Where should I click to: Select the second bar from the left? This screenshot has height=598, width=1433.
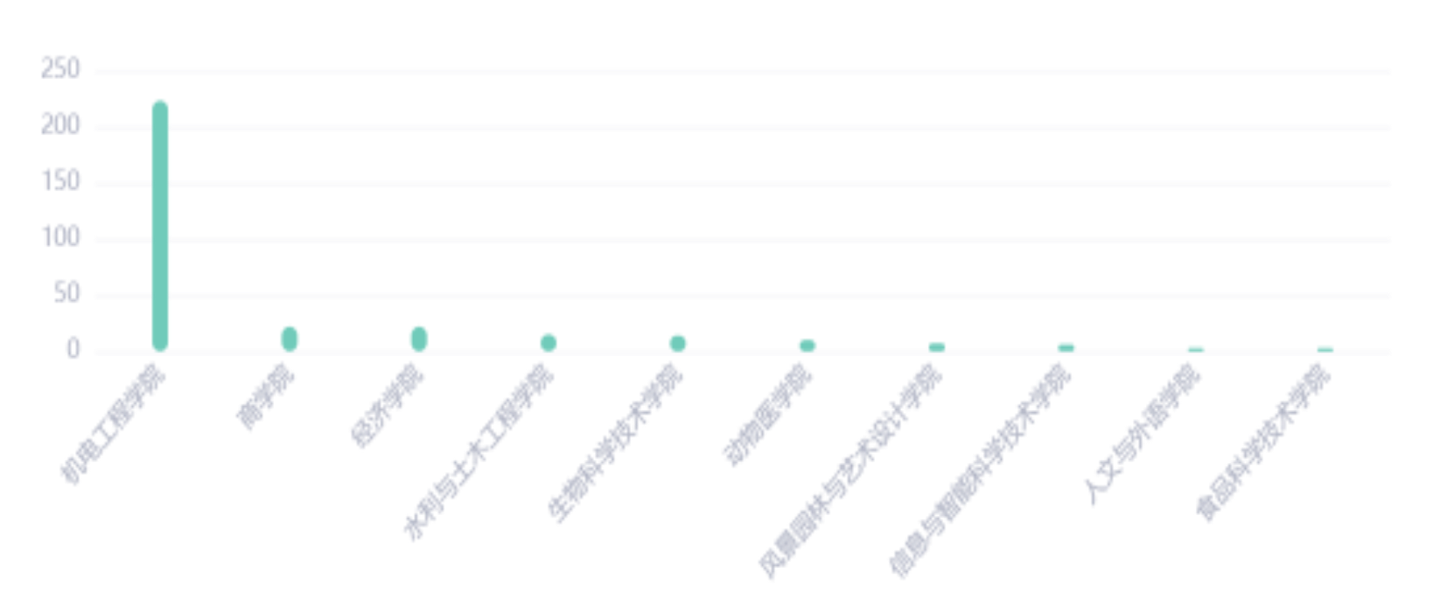click(289, 338)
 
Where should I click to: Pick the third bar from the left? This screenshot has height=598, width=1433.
click(418, 338)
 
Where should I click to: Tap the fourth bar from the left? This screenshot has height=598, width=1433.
click(548, 342)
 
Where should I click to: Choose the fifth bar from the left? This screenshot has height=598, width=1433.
click(677, 342)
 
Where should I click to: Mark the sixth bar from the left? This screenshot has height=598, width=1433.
click(807, 345)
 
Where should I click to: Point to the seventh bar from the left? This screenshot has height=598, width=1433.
click(936, 346)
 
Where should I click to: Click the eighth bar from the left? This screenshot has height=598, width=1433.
click(1066, 346)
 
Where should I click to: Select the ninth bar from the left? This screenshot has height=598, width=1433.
click(1195, 348)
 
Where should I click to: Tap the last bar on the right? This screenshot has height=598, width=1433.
click(1325, 348)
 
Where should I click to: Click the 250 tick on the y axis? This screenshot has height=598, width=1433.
click(61, 69)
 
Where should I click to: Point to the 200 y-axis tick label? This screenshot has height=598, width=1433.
click(61, 125)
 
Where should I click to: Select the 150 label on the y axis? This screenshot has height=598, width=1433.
click(61, 181)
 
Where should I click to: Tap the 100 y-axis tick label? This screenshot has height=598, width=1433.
click(61, 237)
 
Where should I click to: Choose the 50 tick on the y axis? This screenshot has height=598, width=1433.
click(68, 293)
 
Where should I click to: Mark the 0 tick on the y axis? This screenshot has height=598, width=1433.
click(73, 349)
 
